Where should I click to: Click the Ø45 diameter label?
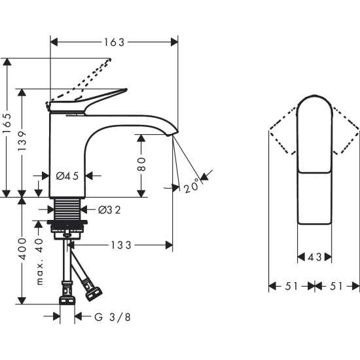click(67, 175)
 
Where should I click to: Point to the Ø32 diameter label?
click(108, 210)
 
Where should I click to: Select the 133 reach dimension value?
click(120, 245)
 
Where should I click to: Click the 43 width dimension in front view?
click(315, 257)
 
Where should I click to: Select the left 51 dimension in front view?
click(291, 286)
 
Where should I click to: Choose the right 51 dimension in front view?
click(338, 286)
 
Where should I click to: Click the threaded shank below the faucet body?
click(67, 209)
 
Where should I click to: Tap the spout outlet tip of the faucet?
click(174, 133)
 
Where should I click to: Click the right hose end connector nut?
click(92, 293)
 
